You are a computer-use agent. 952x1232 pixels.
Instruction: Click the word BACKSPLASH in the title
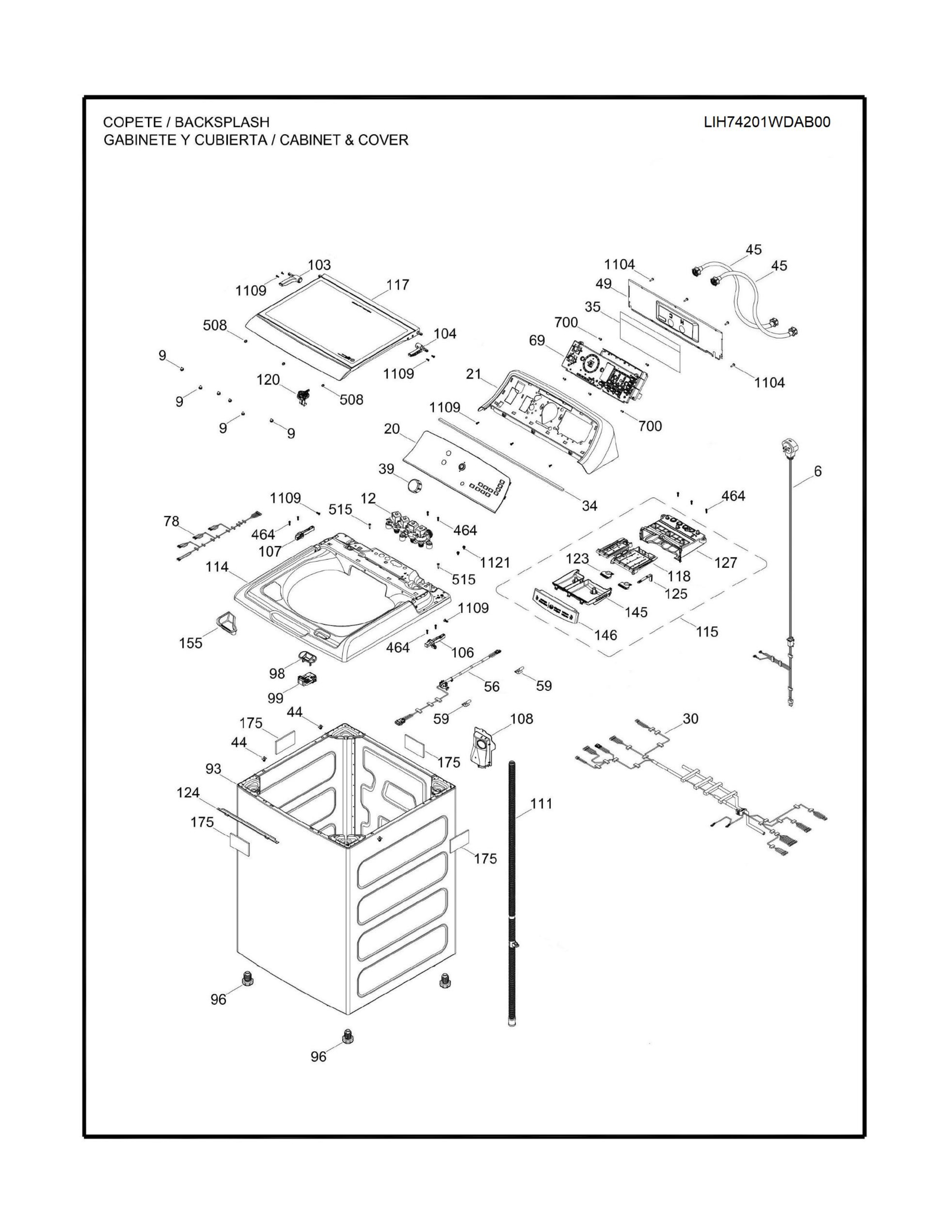click(x=222, y=122)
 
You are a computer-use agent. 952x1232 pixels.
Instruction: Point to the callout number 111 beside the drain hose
click(x=541, y=803)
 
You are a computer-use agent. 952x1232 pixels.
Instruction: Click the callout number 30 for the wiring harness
click(x=690, y=719)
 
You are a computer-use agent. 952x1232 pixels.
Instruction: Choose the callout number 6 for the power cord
click(x=818, y=471)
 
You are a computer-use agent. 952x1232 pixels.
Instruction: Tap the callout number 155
click(x=191, y=643)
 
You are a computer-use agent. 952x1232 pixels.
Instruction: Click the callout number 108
click(x=521, y=719)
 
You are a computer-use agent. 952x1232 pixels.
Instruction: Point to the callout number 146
click(x=606, y=635)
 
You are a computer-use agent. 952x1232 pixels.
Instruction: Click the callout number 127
click(x=726, y=562)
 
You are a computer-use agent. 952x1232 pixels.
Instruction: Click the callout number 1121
click(x=495, y=562)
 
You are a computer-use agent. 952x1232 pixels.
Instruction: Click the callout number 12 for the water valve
click(x=368, y=498)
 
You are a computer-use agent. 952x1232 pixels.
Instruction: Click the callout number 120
click(x=268, y=380)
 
